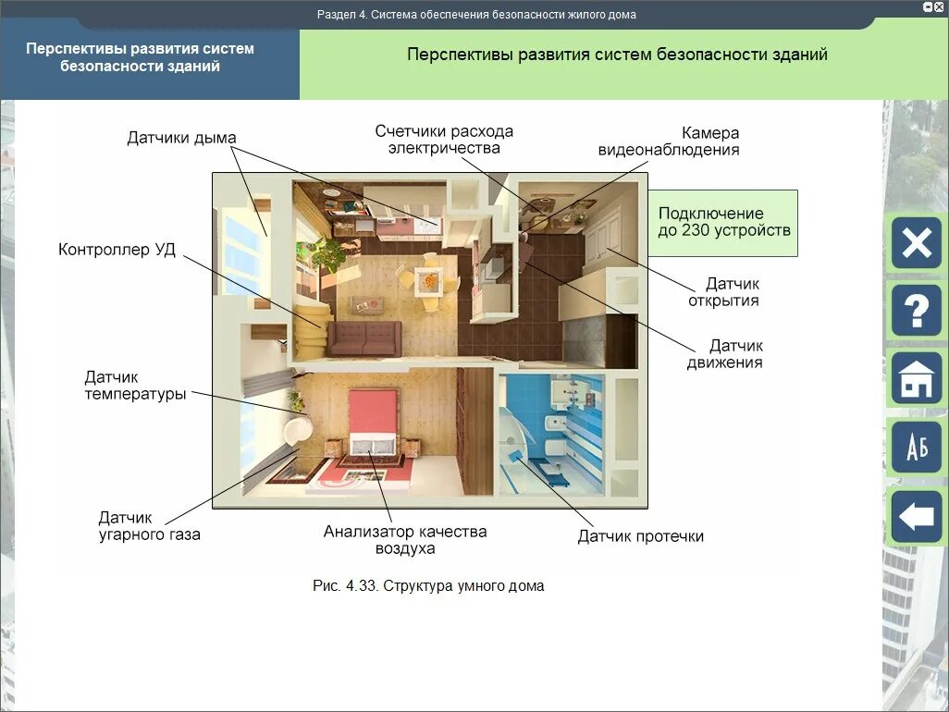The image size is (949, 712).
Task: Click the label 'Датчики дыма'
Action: (x=181, y=139)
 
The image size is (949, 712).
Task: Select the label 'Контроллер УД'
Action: (x=117, y=250)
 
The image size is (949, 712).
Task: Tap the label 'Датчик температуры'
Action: (x=135, y=386)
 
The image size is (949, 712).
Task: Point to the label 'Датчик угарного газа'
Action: (x=149, y=526)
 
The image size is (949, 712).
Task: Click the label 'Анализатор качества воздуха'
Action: (x=404, y=540)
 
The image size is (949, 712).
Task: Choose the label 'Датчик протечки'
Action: (x=640, y=536)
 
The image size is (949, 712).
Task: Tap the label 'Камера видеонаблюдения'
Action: (x=668, y=141)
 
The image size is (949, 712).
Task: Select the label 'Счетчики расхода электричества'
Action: (x=444, y=140)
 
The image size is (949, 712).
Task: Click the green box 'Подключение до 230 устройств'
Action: (x=722, y=223)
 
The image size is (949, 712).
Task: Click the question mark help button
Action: (x=916, y=311)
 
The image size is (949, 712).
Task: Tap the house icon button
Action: (x=916, y=379)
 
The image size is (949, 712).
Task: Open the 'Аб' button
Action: (x=916, y=448)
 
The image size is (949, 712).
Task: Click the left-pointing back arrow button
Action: (x=916, y=516)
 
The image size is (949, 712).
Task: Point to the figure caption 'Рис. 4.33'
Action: (x=428, y=586)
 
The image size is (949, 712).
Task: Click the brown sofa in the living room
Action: (x=365, y=338)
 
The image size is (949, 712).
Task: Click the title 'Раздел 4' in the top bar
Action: (x=476, y=15)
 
